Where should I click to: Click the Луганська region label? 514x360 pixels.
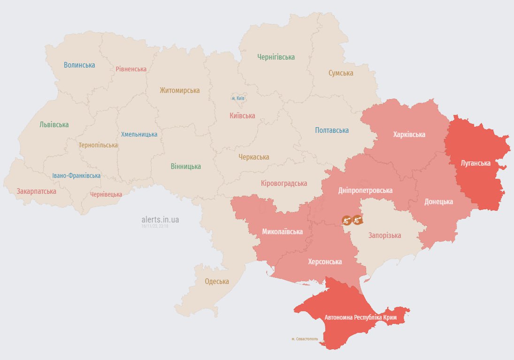click(x=476, y=163)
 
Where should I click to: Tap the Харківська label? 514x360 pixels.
click(x=409, y=135)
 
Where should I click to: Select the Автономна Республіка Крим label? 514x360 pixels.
click(x=361, y=318)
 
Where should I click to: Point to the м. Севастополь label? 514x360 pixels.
click(x=305, y=338)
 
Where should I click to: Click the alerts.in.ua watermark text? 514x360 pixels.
click(x=160, y=219)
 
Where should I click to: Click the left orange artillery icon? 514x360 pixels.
click(x=346, y=220)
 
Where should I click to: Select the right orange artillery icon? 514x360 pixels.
click(x=357, y=219)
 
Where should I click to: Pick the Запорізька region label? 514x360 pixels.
click(x=384, y=235)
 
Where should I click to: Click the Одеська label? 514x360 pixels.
click(x=217, y=282)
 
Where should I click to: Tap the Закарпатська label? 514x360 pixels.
click(x=36, y=191)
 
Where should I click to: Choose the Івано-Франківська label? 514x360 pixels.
click(x=76, y=176)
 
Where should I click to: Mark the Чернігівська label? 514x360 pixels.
click(x=276, y=57)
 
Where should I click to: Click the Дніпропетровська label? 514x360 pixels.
click(x=365, y=191)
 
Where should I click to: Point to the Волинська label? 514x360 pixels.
click(x=79, y=65)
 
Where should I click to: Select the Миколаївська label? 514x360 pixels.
click(x=282, y=232)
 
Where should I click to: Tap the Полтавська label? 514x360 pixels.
click(x=332, y=130)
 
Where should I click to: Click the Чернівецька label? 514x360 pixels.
click(x=106, y=194)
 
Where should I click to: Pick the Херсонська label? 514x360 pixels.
click(x=325, y=262)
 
